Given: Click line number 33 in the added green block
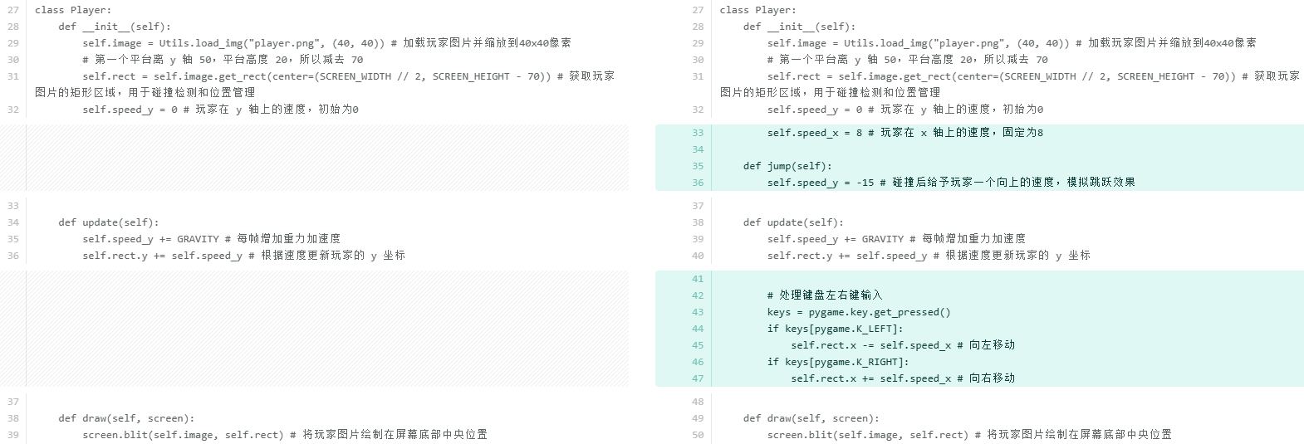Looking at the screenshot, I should [x=698, y=133].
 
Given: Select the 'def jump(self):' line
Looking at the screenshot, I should [x=787, y=166].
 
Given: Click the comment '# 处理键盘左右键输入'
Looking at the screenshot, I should [x=824, y=295].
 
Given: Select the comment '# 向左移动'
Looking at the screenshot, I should [x=986, y=345].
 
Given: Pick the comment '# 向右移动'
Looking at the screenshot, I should [x=986, y=378].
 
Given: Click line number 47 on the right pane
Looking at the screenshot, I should [x=698, y=378].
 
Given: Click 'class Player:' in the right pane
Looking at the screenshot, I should [x=757, y=10].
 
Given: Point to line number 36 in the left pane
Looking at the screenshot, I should [x=13, y=256].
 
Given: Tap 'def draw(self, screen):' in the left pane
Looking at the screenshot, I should [x=125, y=418].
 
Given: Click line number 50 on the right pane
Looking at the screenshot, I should [x=698, y=435].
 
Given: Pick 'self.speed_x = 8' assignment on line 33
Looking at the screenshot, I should [x=814, y=133].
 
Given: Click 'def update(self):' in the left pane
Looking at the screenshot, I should [x=108, y=222].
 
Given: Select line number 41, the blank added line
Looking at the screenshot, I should [x=698, y=279].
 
